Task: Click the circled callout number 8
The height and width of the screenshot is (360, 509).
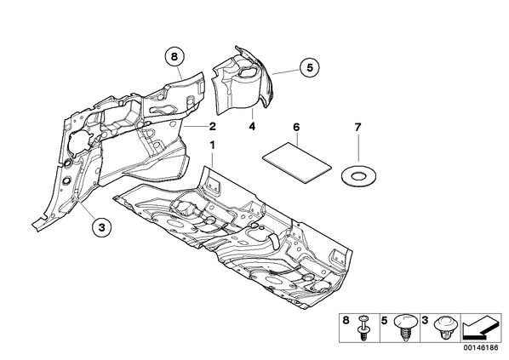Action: [x=174, y=57]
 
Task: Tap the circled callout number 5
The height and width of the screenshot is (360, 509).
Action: [x=309, y=68]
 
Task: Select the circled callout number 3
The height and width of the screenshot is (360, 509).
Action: [x=101, y=227]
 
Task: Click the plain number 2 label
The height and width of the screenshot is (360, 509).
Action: [x=212, y=126]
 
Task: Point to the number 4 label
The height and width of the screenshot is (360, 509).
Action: [x=252, y=126]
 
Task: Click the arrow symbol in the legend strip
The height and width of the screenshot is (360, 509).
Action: [x=481, y=327]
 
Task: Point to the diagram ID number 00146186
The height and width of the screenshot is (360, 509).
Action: [x=480, y=348]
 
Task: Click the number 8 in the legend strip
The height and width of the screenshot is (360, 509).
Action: [x=346, y=321]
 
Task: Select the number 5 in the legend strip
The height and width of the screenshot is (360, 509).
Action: [x=385, y=321]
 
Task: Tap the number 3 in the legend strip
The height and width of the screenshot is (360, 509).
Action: [x=425, y=321]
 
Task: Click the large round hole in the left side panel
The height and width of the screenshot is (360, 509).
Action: [x=78, y=140]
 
